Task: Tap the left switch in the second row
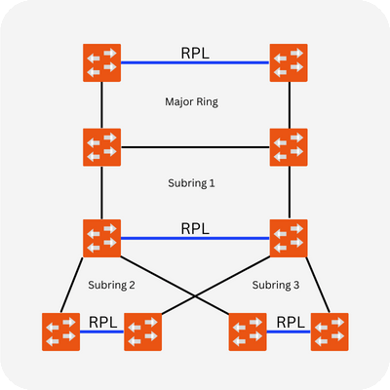click(x=101, y=147)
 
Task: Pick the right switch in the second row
click(x=289, y=147)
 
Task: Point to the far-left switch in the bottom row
click(x=60, y=331)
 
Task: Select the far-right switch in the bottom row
click(x=330, y=331)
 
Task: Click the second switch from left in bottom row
click(x=143, y=331)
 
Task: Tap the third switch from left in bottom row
click(x=247, y=331)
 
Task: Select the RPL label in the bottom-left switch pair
click(x=102, y=321)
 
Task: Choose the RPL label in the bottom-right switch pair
click(x=289, y=321)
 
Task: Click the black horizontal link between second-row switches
click(x=195, y=147)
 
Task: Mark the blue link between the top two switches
click(x=195, y=62)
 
